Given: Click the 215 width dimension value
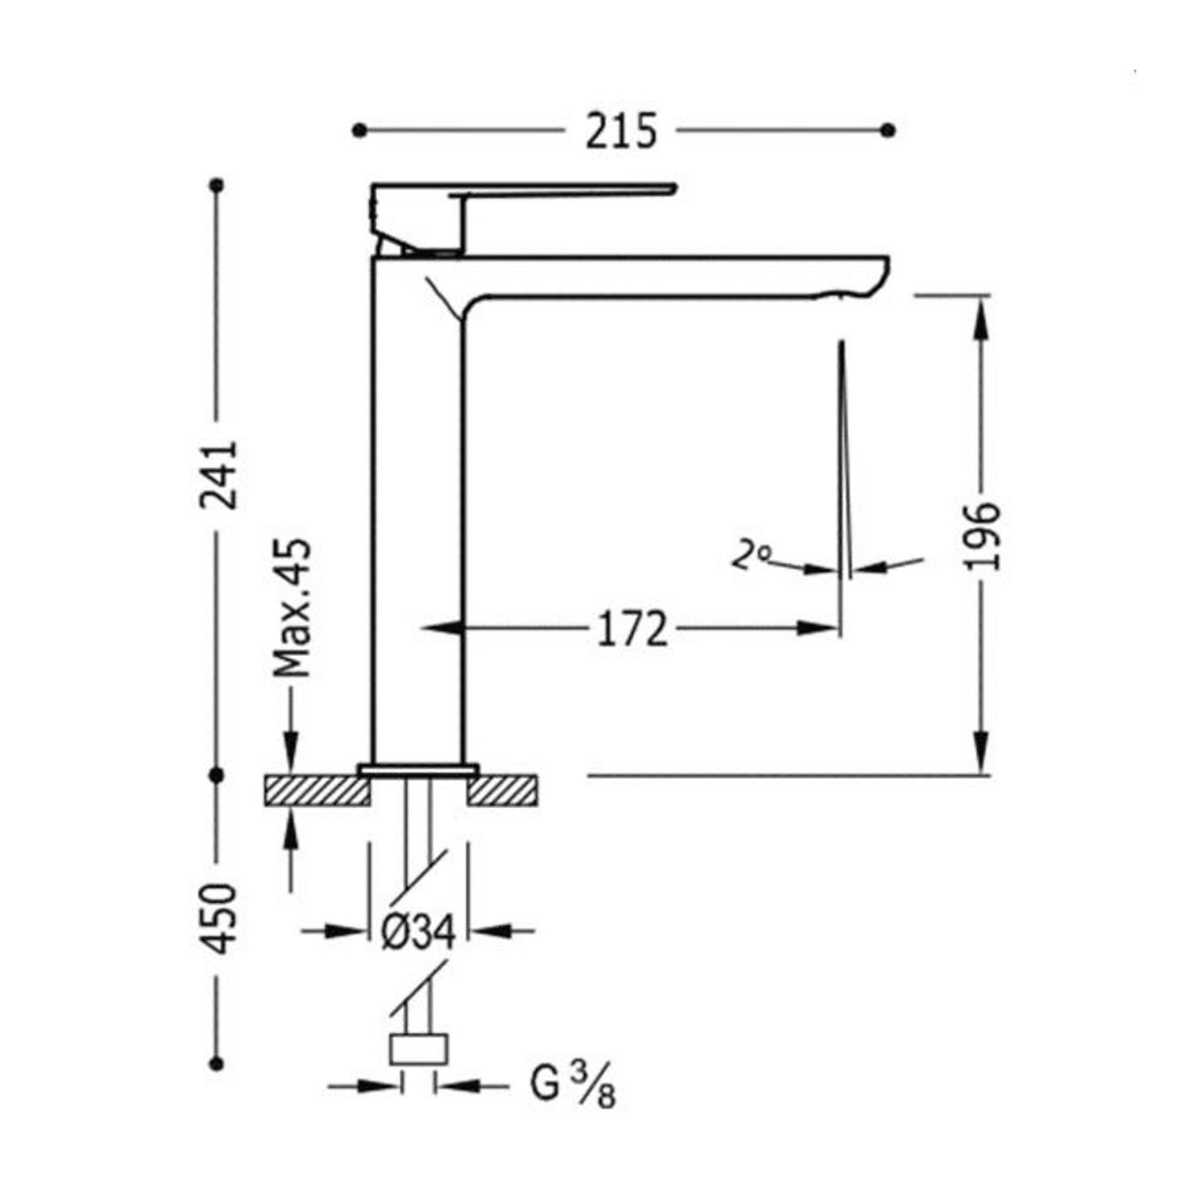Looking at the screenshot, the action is pos(621,131).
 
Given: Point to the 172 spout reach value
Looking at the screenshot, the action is pos(632,629).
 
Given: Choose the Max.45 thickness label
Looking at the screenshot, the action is pos(292,608).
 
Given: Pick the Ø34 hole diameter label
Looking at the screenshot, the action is pos(418,931).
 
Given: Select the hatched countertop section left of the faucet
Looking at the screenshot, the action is pos(317,791).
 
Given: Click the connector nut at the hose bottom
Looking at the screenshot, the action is pos(418,1050).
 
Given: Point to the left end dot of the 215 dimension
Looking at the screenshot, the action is pos(359,130).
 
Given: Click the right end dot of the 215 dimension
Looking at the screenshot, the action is pos(889,130).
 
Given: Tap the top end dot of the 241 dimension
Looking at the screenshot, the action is pos(216,185).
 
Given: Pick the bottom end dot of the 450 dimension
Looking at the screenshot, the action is pos(216,1063).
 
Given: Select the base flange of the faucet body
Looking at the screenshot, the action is pos(418,769).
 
